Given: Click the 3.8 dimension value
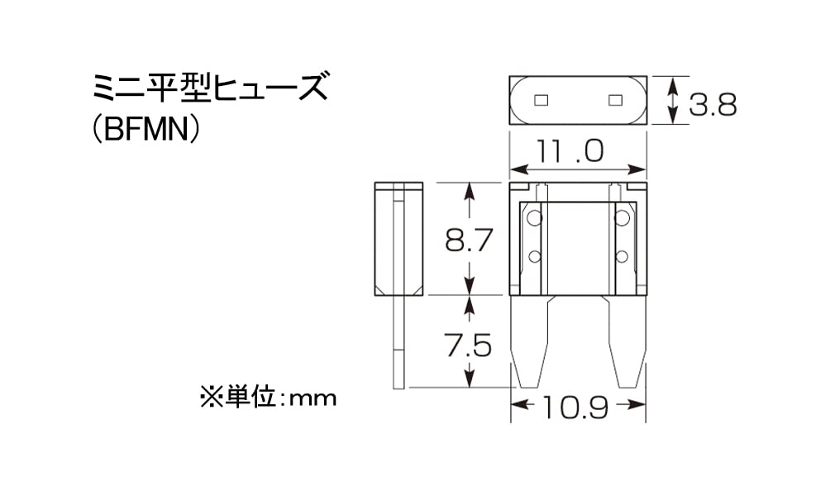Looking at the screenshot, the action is (713, 104).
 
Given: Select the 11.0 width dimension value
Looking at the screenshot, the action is (570, 150).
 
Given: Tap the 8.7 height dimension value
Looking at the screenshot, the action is (469, 240).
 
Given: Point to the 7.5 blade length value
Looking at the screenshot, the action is (468, 346).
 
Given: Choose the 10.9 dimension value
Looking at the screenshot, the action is (575, 408).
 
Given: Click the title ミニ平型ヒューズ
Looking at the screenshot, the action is (210, 88).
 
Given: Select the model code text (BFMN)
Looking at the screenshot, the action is (146, 130).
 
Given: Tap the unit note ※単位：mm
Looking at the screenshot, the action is (269, 398).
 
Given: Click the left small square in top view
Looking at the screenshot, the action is (541, 100).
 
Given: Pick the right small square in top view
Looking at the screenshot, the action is (616, 100).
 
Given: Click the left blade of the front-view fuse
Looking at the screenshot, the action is (530, 341).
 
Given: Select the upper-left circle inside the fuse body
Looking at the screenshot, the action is (534, 217).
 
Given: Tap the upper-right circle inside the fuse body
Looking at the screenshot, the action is (622, 217).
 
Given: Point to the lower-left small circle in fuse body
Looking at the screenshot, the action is (534, 257).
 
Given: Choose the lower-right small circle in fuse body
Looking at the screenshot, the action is (622, 257).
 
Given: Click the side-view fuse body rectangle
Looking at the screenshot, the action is (398, 239).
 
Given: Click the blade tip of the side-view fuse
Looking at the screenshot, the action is (398, 387).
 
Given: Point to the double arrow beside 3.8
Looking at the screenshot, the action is (673, 100).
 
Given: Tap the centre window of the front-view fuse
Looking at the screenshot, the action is (579, 248).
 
